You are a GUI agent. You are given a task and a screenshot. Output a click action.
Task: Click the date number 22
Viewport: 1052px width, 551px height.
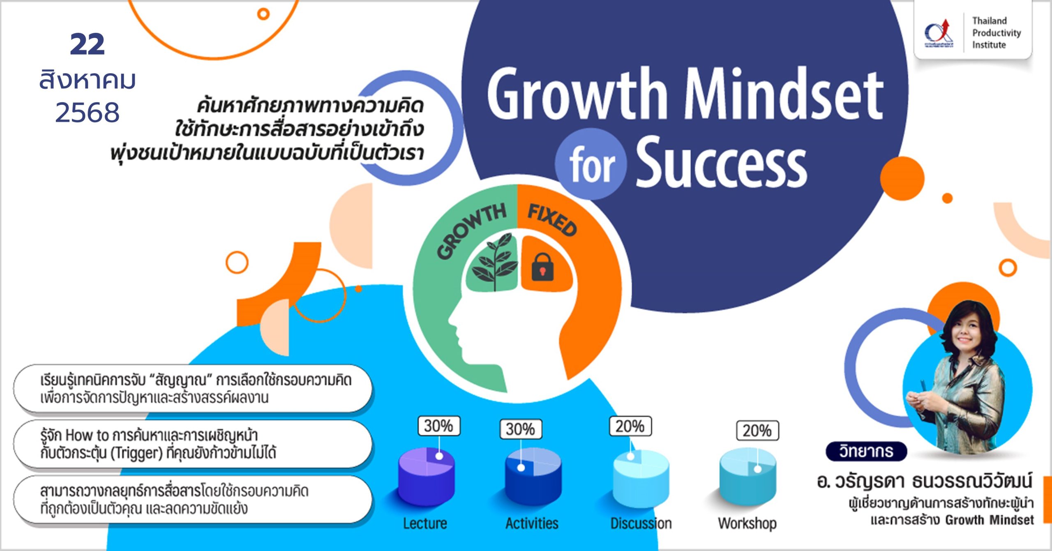tap(87, 44)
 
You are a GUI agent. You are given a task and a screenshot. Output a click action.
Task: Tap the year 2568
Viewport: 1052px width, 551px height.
tap(87, 113)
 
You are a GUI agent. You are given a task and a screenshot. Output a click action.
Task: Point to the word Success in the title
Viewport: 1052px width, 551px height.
tap(722, 162)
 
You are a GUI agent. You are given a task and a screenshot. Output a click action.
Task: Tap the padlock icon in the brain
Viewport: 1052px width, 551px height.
tap(542, 267)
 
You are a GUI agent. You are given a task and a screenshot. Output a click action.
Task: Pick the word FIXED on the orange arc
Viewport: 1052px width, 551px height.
tap(552, 220)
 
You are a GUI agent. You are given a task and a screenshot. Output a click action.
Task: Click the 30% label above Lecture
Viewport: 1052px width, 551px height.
tap(439, 426)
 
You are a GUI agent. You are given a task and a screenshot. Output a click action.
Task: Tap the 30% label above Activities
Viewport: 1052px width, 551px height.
tap(521, 429)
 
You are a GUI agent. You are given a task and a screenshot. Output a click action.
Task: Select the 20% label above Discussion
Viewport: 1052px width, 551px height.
tap(630, 427)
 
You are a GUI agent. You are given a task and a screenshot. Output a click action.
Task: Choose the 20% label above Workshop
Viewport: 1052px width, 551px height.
tap(757, 431)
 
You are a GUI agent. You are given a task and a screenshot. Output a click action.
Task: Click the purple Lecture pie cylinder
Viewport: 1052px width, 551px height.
tap(427, 477)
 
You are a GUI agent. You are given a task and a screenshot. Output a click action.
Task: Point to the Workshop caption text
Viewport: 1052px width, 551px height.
tap(747, 523)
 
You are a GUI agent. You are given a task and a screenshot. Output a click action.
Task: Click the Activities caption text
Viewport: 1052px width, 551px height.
tap(532, 523)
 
